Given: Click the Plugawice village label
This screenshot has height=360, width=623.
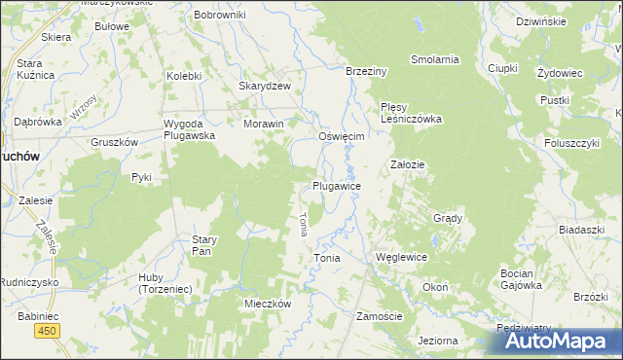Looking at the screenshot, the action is pyautogui.click(x=338, y=186).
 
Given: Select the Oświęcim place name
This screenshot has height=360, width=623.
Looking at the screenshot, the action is pyautogui.click(x=342, y=137).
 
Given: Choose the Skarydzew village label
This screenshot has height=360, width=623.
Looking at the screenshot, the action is pyautogui.click(x=266, y=86).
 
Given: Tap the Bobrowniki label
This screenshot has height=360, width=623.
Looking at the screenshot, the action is pyautogui.click(x=220, y=16).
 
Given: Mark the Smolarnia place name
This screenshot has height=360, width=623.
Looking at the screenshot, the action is pyautogui.click(x=434, y=59).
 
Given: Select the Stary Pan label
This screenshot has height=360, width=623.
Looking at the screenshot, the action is pyautogui.click(x=202, y=244).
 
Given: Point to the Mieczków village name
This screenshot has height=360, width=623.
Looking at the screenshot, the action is pyautogui.click(x=268, y=304).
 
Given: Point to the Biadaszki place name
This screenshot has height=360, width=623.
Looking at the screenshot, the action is pyautogui.click(x=582, y=230).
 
